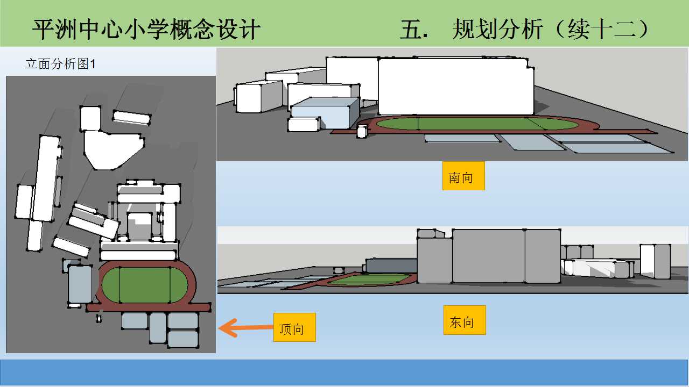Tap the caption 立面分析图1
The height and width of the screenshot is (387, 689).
(60, 64)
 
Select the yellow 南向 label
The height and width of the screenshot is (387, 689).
(463, 176)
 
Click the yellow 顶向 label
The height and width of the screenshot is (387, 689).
(294, 327)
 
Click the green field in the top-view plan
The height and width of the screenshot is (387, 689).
(144, 285)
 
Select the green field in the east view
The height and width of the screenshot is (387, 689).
(371, 279)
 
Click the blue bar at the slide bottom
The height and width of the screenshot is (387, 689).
(344, 372)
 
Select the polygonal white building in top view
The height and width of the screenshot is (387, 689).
(113, 150)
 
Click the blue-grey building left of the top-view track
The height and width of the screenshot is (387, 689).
(80, 284)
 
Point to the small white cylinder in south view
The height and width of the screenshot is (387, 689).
(362, 131)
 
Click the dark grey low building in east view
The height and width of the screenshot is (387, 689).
(391, 266)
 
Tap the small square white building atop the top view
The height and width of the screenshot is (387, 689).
(90, 118)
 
